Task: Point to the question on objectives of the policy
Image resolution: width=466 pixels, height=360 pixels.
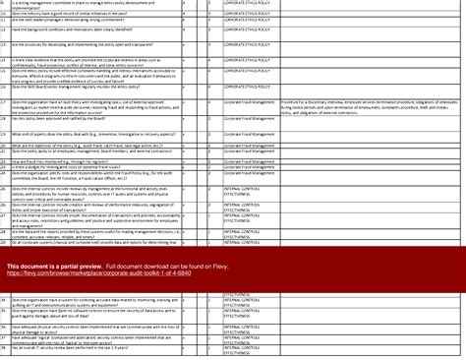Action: click(x=88, y=146)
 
